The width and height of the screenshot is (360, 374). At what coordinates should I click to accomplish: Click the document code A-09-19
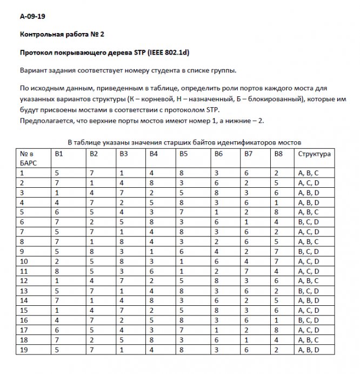(33, 17)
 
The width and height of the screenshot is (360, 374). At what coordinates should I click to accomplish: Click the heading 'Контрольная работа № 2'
(62, 34)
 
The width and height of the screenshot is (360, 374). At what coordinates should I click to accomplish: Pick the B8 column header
(278, 154)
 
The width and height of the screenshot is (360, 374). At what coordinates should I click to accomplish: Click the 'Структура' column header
(314, 154)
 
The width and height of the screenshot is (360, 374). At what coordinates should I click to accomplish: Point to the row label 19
(24, 365)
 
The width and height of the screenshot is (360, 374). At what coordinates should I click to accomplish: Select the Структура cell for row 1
(308, 173)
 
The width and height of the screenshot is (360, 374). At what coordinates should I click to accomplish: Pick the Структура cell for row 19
(308, 365)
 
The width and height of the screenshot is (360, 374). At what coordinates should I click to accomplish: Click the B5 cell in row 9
(182, 252)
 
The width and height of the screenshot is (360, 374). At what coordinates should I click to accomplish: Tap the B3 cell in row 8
(122, 242)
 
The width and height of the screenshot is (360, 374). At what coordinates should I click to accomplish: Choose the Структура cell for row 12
(308, 281)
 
